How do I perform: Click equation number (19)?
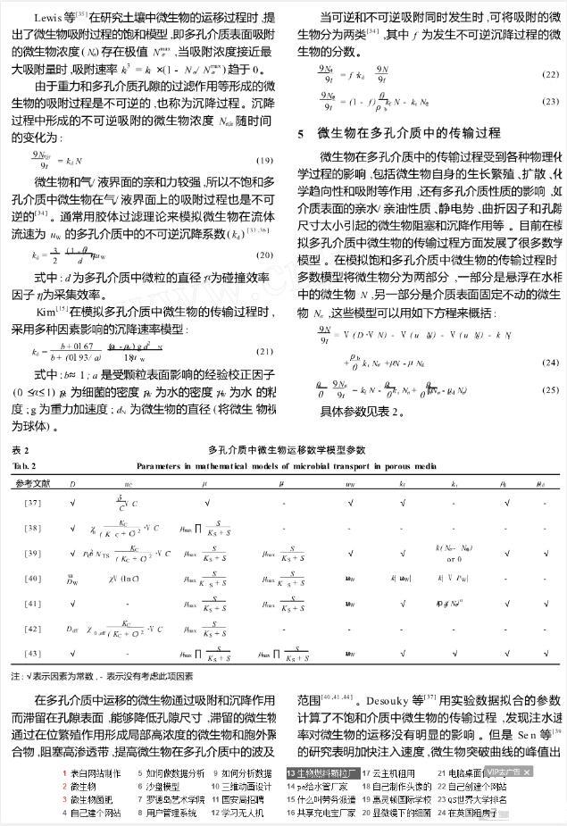[x=263, y=160]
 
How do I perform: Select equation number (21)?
[x=263, y=351]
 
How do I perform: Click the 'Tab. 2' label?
[x=24, y=466]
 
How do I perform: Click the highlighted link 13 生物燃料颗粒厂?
[x=321, y=772]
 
